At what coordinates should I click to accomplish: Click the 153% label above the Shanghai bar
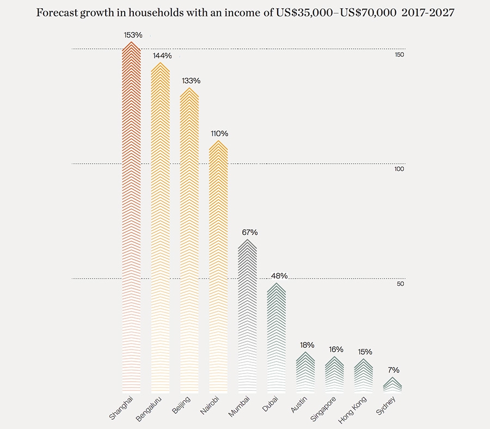click(x=133, y=35)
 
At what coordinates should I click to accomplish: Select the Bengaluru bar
click(x=160, y=229)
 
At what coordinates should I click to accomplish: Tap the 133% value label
click(x=190, y=81)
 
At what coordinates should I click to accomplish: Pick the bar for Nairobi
click(x=219, y=267)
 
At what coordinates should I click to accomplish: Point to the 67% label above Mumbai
click(x=248, y=232)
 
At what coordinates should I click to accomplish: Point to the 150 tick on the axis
click(x=399, y=55)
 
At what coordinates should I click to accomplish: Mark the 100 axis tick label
click(x=399, y=169)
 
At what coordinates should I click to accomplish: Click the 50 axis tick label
click(x=400, y=284)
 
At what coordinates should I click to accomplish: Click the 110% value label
click(x=219, y=133)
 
